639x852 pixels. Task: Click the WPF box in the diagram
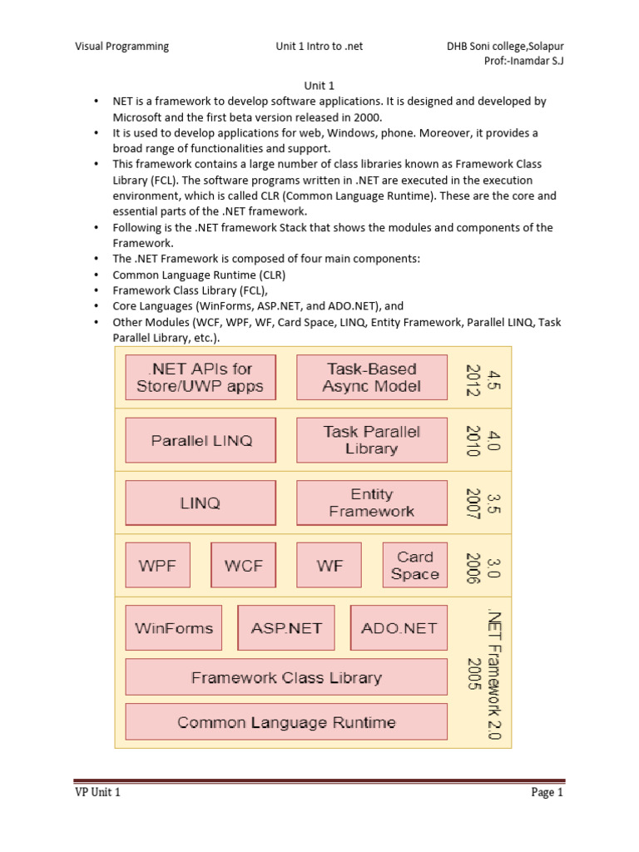coord(157,565)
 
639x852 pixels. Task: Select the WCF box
coord(243,565)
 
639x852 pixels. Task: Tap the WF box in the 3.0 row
coord(329,565)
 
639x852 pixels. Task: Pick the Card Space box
coord(414,565)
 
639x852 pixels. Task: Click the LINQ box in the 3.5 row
coord(200,503)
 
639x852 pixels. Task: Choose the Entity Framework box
coord(371,503)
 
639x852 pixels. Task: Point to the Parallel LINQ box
coord(201,440)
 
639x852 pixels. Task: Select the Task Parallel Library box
coord(371,440)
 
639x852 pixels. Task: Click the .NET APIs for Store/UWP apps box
coord(200,377)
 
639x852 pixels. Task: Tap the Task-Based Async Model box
coord(371,377)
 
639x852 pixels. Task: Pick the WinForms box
coord(174,628)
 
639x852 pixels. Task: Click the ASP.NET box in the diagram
coord(286,628)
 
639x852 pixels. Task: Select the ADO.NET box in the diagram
coord(399,628)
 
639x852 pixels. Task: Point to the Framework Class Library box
coord(286,677)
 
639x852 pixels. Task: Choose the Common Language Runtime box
coord(286,722)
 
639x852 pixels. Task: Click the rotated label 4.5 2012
coord(483,377)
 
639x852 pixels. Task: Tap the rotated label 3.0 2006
coord(483,565)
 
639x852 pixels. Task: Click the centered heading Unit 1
coord(319,84)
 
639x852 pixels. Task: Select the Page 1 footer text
coord(547,793)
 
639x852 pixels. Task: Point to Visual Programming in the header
coord(122,47)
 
